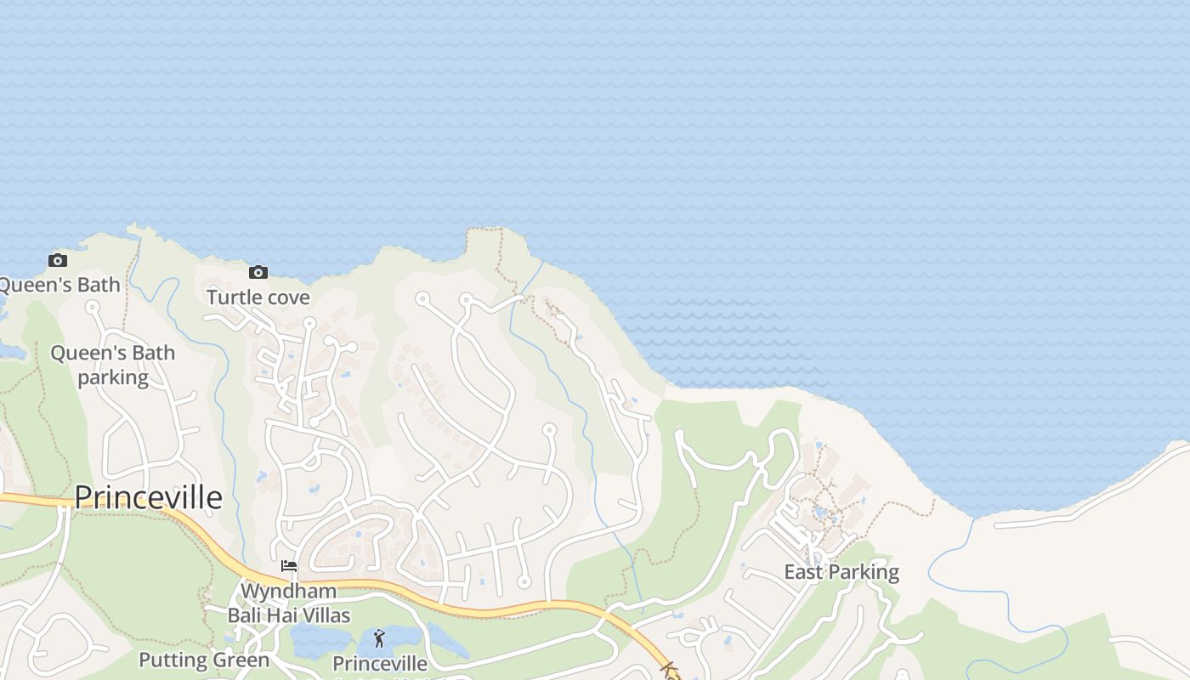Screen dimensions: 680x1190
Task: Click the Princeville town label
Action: (x=149, y=497)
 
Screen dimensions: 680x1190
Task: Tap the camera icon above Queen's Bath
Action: (x=58, y=261)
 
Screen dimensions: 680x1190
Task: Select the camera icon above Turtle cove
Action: (x=258, y=273)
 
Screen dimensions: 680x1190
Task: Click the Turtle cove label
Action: (x=258, y=297)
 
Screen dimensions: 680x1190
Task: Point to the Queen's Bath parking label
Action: (x=113, y=365)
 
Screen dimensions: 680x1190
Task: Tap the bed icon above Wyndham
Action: (x=289, y=566)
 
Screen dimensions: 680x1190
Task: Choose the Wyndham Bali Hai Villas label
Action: (x=289, y=603)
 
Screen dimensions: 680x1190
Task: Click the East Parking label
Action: (x=841, y=572)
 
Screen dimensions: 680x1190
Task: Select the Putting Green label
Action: (x=204, y=660)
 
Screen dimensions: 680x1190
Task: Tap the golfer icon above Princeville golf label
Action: (x=379, y=638)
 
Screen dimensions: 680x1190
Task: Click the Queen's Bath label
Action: (x=59, y=285)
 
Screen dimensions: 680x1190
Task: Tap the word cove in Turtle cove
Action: (x=286, y=297)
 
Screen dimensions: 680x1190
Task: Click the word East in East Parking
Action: (x=803, y=572)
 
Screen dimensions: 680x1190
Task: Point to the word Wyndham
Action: (x=289, y=591)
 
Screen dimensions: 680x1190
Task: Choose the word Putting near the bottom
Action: (x=173, y=660)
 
